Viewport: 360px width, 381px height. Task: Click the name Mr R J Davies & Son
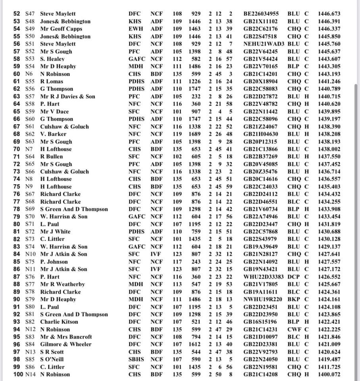[x=67, y=96]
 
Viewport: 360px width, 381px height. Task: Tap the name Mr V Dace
[x=54, y=112]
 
